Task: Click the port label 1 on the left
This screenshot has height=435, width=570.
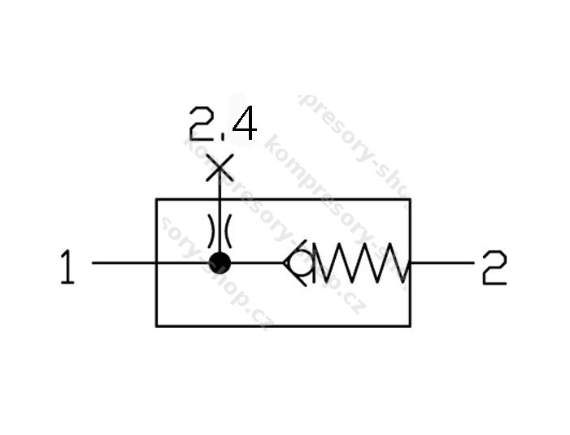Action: coord(67,268)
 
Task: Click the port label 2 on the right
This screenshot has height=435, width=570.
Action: coord(494,268)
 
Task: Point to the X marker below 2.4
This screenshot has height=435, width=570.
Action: coord(220,168)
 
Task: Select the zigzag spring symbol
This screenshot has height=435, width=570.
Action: coord(363,263)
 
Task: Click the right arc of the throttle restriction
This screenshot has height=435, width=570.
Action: coord(228,230)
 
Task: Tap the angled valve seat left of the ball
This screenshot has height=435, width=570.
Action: coord(289,263)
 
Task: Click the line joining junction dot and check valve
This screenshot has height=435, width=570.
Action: coord(257,263)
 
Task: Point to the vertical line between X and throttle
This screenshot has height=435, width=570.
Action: coord(220,195)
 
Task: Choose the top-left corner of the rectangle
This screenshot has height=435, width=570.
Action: coord(156,198)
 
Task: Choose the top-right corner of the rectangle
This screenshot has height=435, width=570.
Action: coord(410,198)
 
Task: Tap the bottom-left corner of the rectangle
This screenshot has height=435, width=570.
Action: coord(156,326)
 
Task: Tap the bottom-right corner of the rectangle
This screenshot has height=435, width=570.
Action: coord(410,326)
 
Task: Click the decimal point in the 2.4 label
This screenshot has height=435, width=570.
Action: coord(221,137)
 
